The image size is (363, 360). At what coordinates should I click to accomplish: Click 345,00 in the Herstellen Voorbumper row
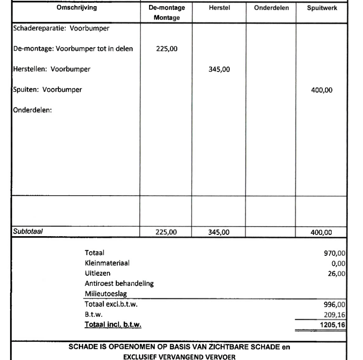(x=220, y=70)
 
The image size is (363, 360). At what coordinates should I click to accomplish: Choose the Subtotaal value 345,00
(x=220, y=232)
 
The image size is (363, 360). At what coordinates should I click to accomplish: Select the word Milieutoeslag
(x=103, y=294)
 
